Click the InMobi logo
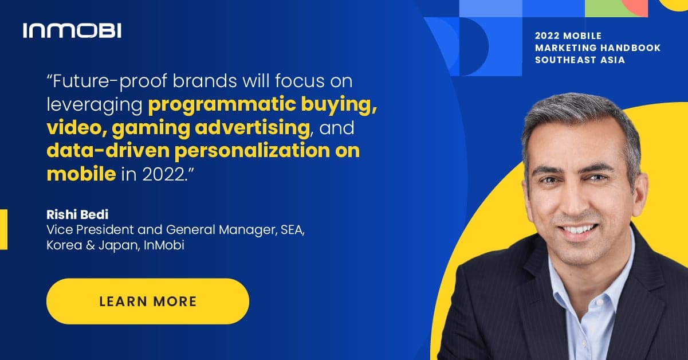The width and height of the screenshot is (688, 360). tap(72, 30)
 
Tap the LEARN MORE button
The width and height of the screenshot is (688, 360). tap(148, 302)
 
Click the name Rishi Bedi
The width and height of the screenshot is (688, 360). tap(77, 214)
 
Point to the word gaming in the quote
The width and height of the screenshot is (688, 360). tap(151, 128)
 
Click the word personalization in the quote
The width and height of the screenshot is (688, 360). tap(253, 151)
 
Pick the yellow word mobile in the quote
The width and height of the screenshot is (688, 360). tap(81, 174)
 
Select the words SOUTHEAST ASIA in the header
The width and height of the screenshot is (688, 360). tap(580, 60)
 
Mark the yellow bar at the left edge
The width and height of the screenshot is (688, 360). tap(3, 229)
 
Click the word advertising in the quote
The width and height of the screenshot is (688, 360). tap(253, 128)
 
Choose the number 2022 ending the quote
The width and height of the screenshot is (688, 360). tap(163, 175)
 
